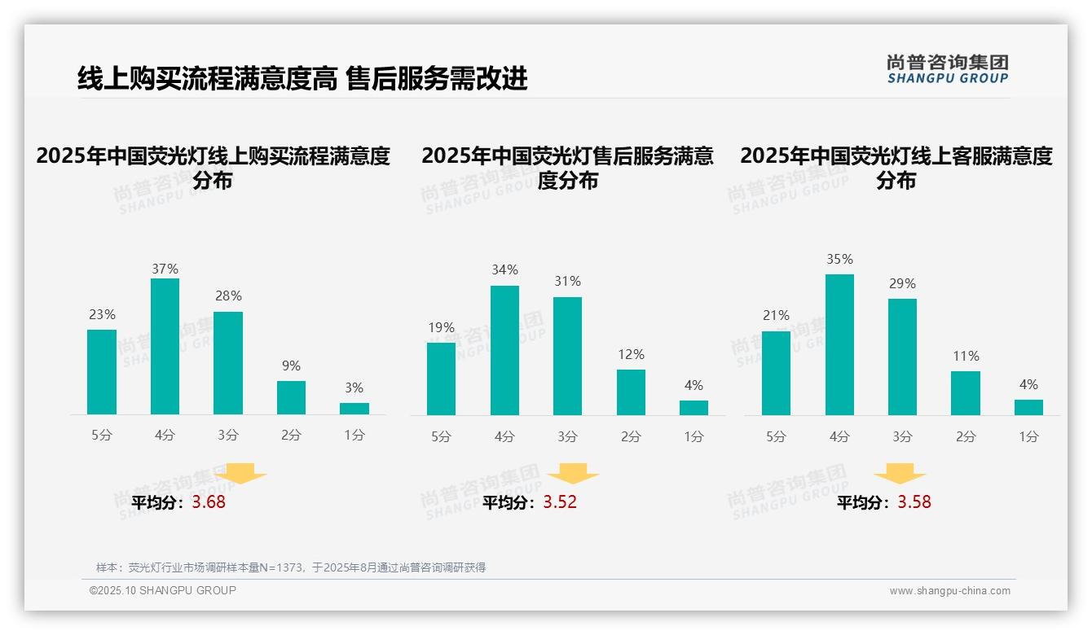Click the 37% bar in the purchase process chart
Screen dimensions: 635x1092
(165, 346)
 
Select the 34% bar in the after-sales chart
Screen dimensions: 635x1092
(504, 350)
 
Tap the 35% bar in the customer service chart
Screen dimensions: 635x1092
(839, 344)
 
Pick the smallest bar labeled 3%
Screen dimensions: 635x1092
(354, 409)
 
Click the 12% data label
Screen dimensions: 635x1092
(631, 355)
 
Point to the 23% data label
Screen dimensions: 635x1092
(102, 314)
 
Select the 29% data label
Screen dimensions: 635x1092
(902, 284)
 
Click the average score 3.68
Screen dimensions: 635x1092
(209, 502)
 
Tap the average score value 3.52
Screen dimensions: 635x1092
(560, 502)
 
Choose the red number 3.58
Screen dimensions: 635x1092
(914, 502)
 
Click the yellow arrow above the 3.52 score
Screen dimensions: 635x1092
(573, 473)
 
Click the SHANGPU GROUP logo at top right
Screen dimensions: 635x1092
(947, 69)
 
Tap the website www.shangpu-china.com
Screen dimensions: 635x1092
(949, 591)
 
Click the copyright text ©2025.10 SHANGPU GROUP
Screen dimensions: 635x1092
(163, 591)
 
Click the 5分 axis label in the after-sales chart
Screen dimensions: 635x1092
(441, 437)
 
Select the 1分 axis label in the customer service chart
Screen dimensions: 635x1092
(1028, 437)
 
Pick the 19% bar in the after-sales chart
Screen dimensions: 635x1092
(441, 379)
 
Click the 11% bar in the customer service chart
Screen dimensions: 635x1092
(966, 393)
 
